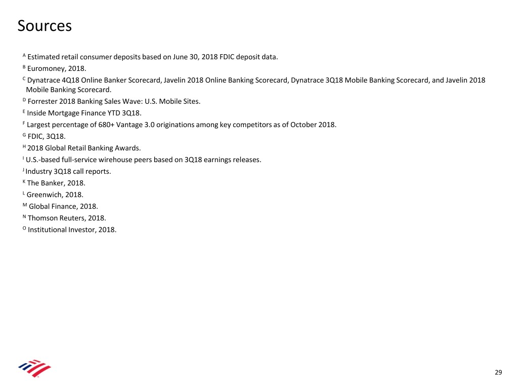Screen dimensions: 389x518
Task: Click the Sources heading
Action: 45,25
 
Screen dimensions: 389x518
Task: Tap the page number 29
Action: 498,373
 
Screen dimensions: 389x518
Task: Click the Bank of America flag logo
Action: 34,368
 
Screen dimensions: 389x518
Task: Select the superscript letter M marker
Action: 25,205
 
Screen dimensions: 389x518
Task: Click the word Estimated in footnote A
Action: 44,57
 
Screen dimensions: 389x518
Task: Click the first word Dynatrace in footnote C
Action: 44,80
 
